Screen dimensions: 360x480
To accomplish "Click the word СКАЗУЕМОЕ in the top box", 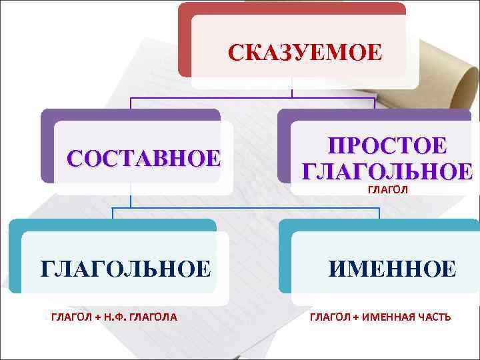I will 305,52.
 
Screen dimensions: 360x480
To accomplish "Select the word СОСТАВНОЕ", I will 143,158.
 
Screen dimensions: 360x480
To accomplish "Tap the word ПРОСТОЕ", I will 387,147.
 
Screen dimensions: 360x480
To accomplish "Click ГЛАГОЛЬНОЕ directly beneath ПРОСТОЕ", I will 387,171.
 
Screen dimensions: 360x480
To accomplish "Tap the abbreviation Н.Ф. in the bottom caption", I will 115,317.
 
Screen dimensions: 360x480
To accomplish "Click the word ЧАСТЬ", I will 435,317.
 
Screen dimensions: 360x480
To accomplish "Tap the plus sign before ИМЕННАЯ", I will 357,317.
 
